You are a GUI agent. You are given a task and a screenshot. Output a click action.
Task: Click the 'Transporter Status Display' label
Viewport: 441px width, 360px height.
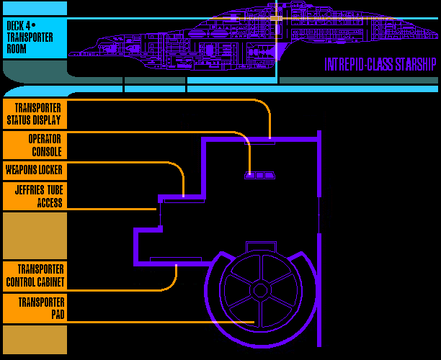[34, 114]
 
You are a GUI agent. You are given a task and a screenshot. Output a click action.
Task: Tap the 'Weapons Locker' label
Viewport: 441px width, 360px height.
[34, 171]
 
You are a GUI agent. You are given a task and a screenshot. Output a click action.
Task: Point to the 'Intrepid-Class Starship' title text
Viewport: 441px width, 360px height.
[380, 65]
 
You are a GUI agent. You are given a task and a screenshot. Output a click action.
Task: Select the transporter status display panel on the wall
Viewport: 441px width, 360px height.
[262, 142]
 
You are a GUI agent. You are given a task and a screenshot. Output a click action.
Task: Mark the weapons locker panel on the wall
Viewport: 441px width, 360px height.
[184, 201]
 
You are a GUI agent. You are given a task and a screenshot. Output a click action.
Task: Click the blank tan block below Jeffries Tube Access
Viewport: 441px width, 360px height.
[34, 235]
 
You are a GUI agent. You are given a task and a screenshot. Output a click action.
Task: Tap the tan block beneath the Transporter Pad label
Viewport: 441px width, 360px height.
[34, 339]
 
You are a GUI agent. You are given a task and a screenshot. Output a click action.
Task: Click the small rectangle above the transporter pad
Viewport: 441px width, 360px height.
[260, 246]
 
